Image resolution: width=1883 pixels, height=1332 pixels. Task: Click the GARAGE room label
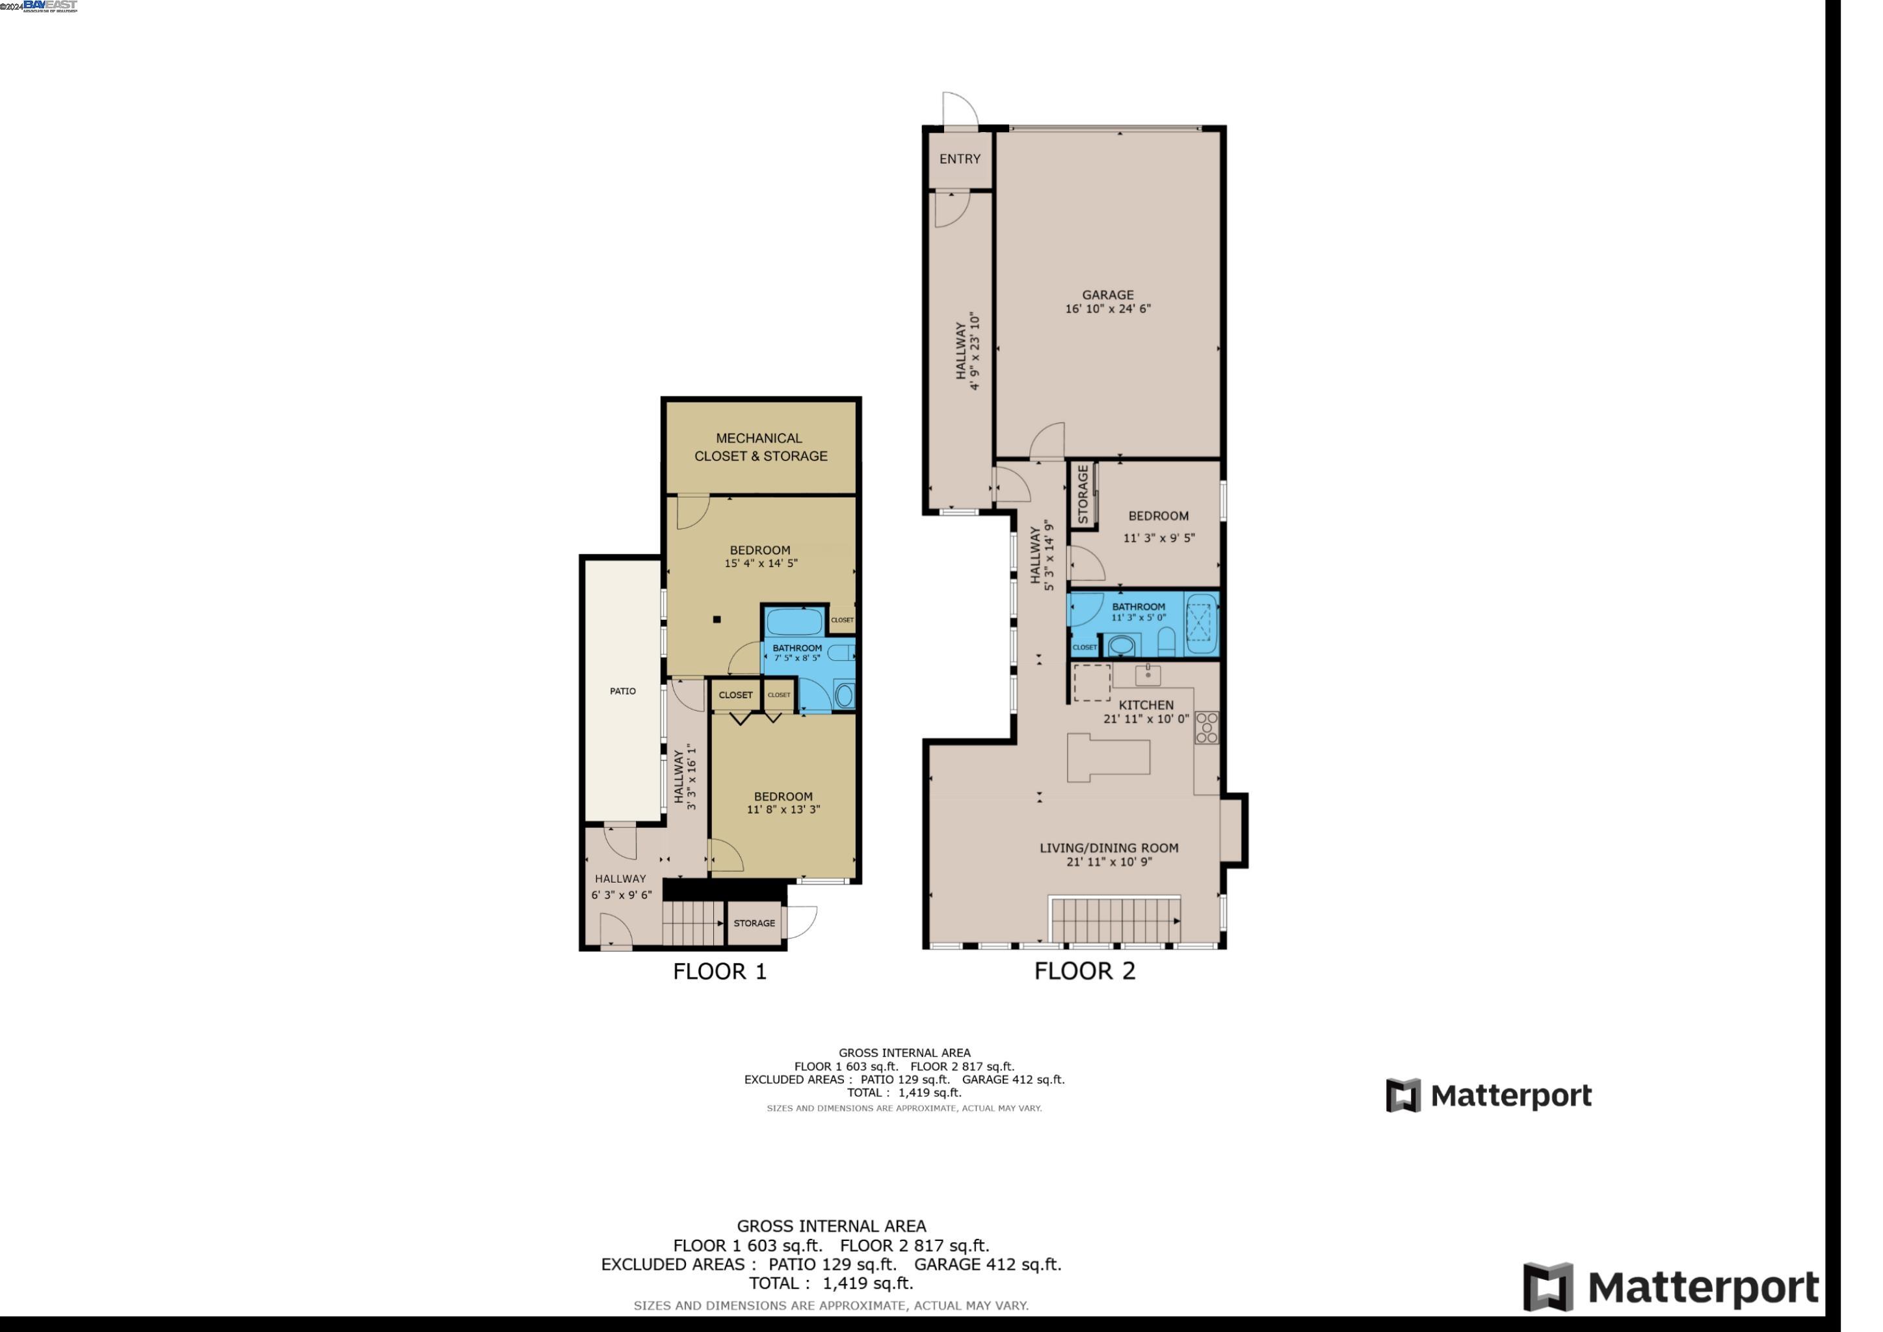tap(1107, 295)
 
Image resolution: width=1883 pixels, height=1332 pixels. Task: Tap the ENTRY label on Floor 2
tap(960, 159)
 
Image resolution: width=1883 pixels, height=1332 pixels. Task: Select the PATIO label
tap(622, 691)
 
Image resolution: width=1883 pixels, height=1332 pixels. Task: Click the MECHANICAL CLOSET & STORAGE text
tap(760, 447)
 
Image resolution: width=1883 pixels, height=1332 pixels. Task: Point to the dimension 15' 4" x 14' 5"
tap(760, 563)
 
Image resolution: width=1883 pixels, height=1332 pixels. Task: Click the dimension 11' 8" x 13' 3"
tap(783, 810)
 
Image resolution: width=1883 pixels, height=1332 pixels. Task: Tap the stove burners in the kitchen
tap(1206, 728)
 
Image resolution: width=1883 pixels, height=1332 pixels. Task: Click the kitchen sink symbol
tap(1148, 676)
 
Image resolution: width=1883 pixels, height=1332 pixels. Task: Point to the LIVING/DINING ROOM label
tap(1109, 848)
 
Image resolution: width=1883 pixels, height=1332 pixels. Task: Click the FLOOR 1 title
tap(719, 972)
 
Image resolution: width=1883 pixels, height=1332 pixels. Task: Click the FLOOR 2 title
tap(1084, 971)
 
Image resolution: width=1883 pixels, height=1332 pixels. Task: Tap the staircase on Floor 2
tap(1115, 920)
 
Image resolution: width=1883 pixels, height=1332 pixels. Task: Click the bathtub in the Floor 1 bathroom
tap(794, 622)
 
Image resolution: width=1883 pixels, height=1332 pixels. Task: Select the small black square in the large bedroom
tap(717, 620)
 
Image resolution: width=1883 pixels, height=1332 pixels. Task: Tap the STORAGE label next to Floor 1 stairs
tap(754, 924)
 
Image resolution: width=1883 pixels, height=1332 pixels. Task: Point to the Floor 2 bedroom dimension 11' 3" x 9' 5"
tap(1158, 538)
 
